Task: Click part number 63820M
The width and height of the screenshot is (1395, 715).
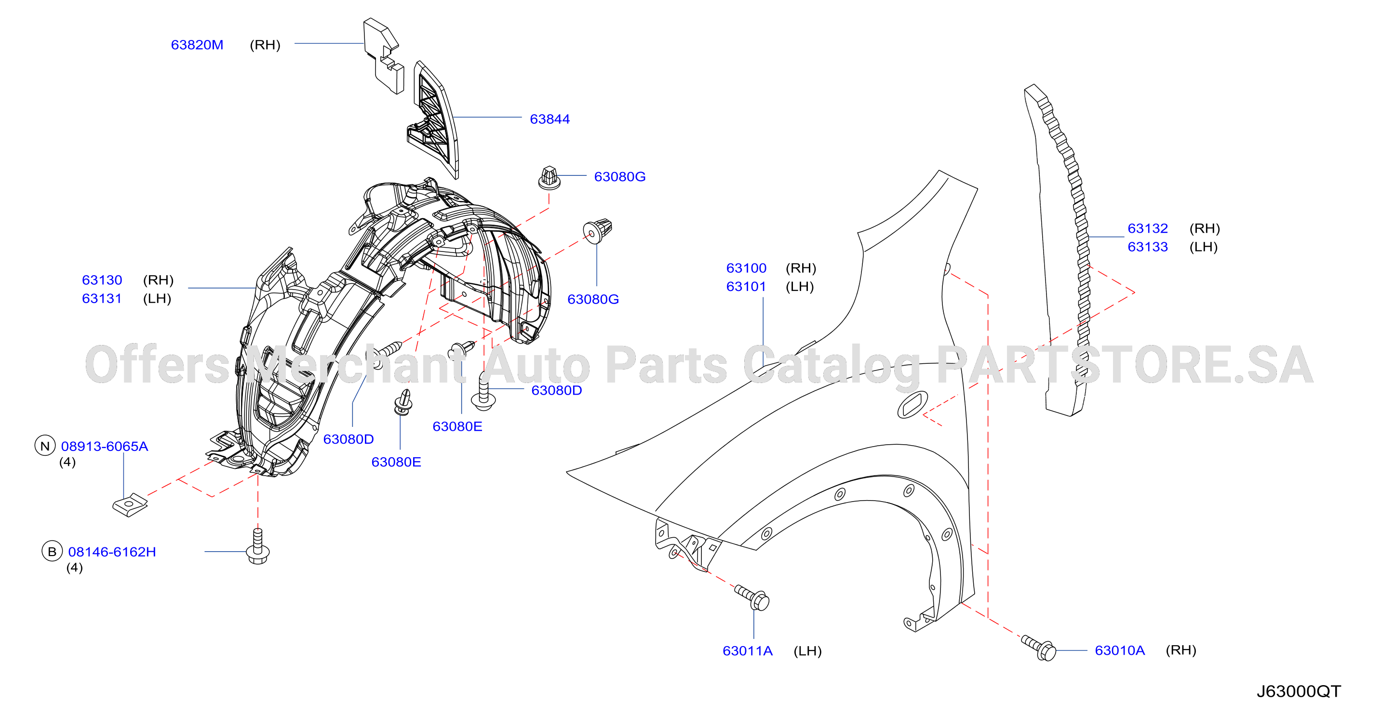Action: [197, 45]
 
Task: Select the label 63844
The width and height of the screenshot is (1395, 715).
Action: [550, 119]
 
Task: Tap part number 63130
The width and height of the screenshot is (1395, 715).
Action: [102, 280]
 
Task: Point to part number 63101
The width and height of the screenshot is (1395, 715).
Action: [746, 286]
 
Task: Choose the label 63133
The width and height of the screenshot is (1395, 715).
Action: [1148, 247]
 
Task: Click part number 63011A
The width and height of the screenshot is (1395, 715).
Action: [747, 650]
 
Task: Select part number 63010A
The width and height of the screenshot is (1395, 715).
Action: [1119, 650]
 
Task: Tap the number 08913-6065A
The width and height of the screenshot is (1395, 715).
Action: [105, 446]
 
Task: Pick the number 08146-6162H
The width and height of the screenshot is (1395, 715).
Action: [112, 552]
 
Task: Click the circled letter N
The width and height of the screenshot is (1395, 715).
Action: [45, 446]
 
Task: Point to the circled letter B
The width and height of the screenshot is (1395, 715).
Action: [52, 551]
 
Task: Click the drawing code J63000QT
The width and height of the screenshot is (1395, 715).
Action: [1299, 691]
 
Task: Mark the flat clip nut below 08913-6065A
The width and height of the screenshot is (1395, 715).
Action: [130, 504]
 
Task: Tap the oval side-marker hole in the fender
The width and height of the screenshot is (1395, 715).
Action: [912, 405]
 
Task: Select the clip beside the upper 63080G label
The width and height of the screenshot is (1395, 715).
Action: [549, 177]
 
